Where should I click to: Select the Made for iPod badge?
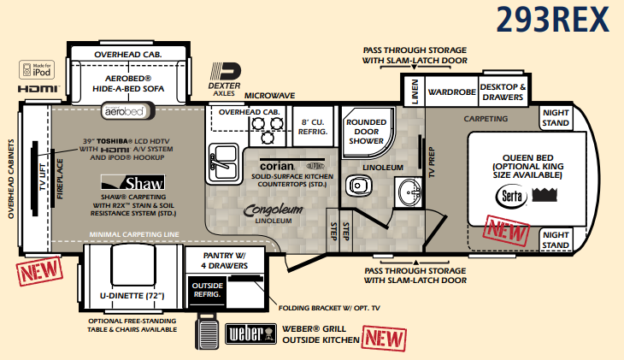pos(33,69)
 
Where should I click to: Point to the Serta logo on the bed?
pos(510,196)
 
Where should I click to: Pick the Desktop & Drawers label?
pos(503,91)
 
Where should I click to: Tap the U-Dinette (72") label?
pos(132,296)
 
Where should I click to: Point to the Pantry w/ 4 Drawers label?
pos(226,260)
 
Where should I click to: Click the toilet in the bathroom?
pos(356,186)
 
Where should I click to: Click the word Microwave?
pos(270,95)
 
